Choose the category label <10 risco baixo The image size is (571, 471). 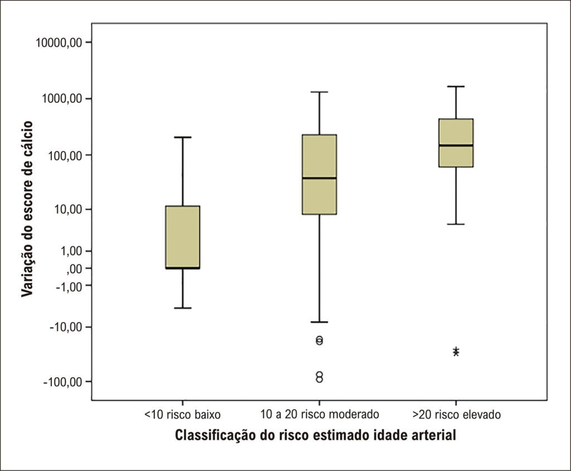coord(182,415)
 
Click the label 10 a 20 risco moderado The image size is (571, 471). coord(320,415)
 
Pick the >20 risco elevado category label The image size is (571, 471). coord(456,415)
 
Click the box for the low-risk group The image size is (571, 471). coord(182,237)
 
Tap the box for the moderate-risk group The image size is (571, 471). coord(320,174)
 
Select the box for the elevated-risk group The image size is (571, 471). coord(456,143)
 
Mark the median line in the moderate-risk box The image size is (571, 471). coord(320,178)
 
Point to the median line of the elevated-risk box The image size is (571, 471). coord(456,145)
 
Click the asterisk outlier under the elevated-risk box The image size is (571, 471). coord(456,352)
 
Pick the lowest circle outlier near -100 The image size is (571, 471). coord(320,379)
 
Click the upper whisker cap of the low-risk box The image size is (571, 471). coord(182,137)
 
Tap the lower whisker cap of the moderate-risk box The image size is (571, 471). coord(320,322)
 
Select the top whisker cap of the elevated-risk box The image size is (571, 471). coord(456,86)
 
